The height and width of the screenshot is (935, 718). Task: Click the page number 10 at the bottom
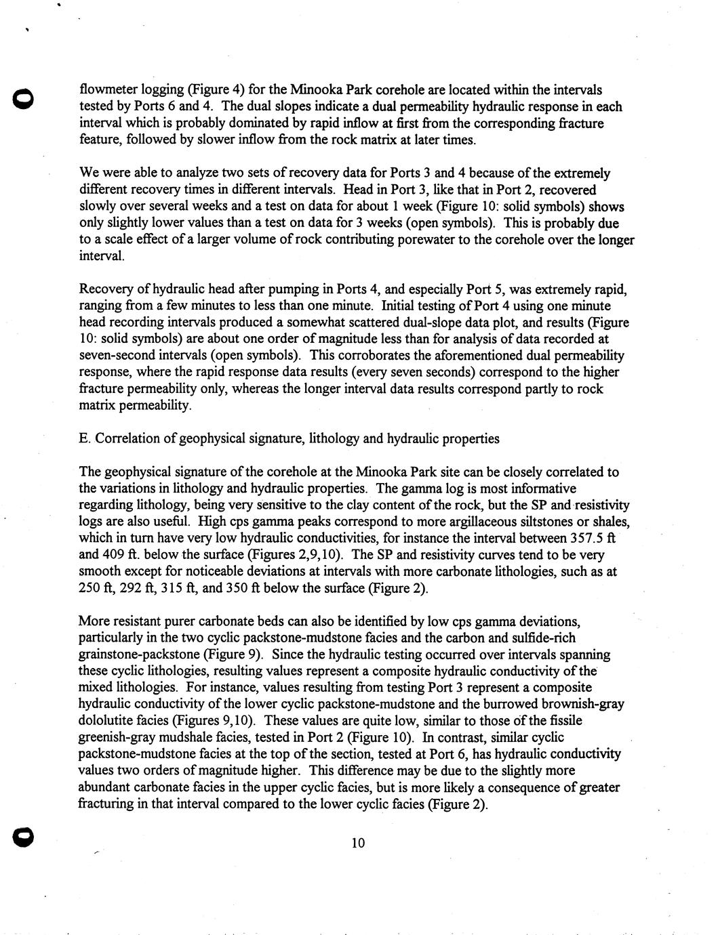coord(359,843)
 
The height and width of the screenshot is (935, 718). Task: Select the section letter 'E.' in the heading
coord(85,438)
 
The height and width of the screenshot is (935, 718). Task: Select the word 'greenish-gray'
coord(118,737)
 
